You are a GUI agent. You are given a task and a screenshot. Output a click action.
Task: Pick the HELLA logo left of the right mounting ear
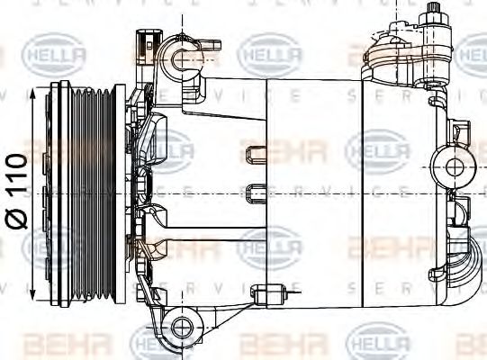377,149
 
